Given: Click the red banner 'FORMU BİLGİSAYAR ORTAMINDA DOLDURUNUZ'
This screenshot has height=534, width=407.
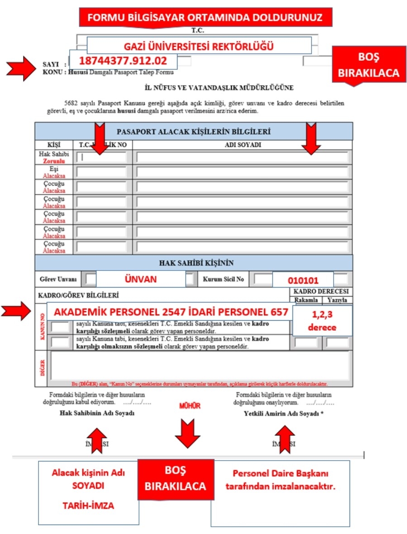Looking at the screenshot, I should coord(205,18).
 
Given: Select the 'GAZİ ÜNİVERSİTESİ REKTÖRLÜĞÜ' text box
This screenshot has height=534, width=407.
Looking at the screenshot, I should coord(199,46).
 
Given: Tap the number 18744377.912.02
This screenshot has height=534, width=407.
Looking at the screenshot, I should coord(123,60).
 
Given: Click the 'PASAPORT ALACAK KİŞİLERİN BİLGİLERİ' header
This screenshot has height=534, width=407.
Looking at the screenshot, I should coord(194,132).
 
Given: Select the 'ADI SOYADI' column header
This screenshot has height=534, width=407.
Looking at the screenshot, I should coord(243,145).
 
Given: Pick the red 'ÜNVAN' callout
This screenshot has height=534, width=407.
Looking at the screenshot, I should coord(140,279).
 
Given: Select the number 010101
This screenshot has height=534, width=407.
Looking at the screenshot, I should coord(303,280).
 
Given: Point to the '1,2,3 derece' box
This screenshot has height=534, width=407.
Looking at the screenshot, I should coord(322,320).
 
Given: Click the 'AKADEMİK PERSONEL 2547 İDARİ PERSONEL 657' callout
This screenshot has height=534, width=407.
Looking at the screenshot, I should coord(170,312).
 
